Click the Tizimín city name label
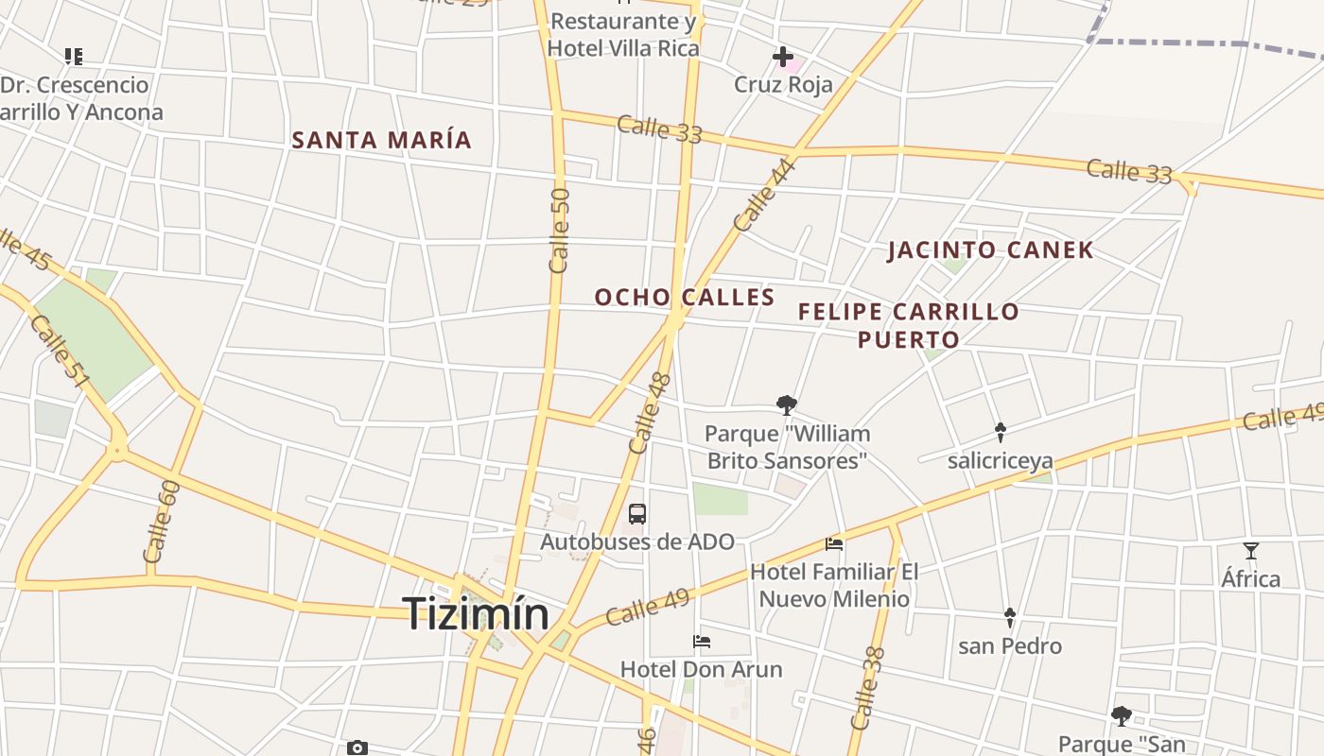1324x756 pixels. [476, 614]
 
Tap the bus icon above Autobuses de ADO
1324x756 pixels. [637, 514]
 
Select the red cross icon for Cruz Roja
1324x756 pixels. [783, 58]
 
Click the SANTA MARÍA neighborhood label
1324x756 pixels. [381, 140]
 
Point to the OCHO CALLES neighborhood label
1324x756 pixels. [685, 297]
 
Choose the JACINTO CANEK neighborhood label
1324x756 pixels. [990, 250]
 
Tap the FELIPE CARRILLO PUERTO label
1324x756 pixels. [908, 325]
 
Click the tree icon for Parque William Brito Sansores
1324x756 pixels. [786, 405]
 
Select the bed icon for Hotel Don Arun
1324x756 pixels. [702, 642]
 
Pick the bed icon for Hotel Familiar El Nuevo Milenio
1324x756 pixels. [834, 544]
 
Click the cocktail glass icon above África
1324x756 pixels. [1251, 551]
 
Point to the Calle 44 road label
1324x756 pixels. [765, 196]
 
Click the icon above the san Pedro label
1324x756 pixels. [1009, 618]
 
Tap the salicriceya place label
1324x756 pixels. [1000, 461]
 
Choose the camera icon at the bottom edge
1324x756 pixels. [357, 748]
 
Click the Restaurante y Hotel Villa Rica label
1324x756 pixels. [623, 35]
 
